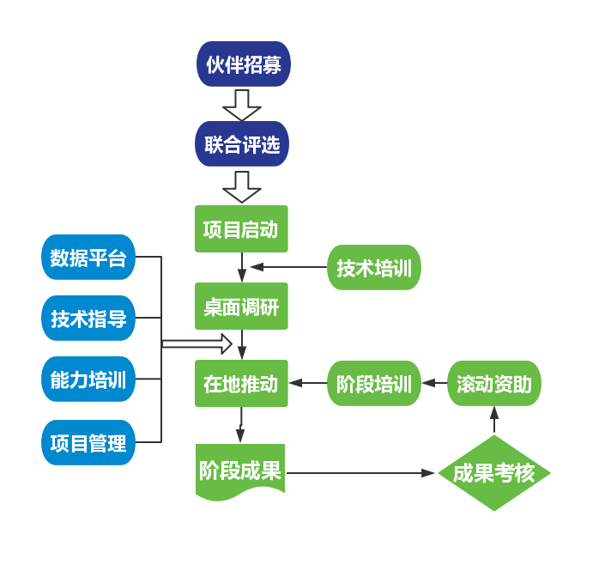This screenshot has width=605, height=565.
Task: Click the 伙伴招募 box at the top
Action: click(244, 64)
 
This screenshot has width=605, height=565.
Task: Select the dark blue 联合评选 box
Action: click(242, 144)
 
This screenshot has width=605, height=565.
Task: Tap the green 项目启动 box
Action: click(241, 229)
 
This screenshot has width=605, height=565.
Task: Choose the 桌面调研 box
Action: click(241, 307)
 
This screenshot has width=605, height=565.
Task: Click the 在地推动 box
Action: click(241, 384)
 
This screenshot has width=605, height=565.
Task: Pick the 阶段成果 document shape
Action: click(240, 471)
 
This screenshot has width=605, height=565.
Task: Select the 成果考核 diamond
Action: click(494, 473)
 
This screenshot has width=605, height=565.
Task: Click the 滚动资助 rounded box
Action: click(494, 384)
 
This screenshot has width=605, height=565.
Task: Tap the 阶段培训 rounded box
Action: click(374, 384)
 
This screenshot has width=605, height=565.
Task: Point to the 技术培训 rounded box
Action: click(374, 268)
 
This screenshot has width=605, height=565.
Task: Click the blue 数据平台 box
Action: click(88, 257)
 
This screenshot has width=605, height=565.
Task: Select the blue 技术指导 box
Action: click(88, 319)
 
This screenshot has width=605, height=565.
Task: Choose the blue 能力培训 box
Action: click(88, 380)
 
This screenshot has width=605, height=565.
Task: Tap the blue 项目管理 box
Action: click(88, 442)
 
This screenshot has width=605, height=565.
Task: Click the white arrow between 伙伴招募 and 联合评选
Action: click(242, 104)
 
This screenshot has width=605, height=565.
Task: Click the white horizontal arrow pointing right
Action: click(198, 344)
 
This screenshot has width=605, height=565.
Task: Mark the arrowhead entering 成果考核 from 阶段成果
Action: click(429, 473)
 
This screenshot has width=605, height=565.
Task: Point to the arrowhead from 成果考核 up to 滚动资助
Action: click(494, 413)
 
